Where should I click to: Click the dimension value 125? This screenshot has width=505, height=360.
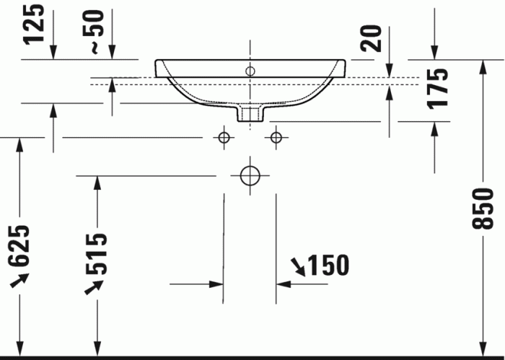tap(33, 23)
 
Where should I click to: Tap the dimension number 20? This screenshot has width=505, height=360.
tap(371, 38)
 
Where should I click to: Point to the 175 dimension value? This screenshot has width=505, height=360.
tap(437, 89)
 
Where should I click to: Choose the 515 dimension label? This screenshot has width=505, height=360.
tap(96, 255)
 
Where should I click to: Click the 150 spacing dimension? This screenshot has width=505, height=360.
tap(328, 265)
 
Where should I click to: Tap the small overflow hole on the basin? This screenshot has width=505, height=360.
tap(250, 71)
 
